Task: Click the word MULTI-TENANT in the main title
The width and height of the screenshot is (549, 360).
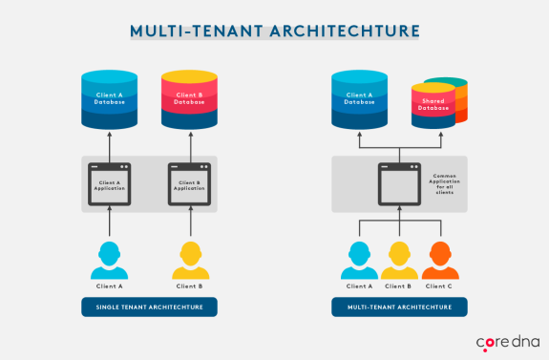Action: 190,30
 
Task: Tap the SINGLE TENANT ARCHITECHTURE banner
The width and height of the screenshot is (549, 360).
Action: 149,307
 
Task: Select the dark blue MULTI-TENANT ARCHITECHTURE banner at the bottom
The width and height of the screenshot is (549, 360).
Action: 399,307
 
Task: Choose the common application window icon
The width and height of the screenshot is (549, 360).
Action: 398,182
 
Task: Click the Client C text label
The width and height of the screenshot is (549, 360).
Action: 439,286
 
